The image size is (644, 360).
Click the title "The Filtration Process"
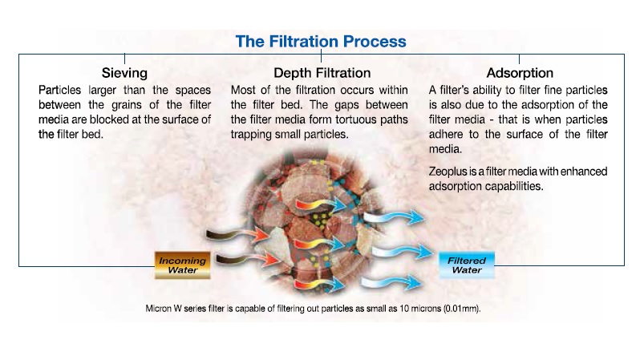click(321, 40)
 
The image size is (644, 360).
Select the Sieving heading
click(124, 72)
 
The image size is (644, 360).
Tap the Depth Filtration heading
click(322, 72)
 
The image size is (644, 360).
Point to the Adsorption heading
click(520, 72)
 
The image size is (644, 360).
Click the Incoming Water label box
click(182, 265)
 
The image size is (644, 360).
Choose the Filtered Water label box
click(465, 265)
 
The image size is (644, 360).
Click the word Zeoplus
click(450, 172)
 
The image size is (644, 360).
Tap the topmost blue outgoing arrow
click(389, 218)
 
